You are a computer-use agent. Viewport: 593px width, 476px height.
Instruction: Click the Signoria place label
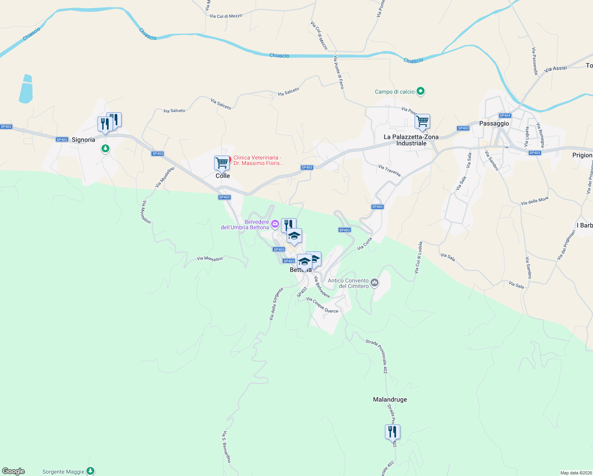[83, 140]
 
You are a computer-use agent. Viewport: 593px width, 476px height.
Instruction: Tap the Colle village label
[222, 176]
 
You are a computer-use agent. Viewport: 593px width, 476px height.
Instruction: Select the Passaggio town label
[494, 123]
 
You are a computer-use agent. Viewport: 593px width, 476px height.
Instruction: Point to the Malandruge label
[390, 399]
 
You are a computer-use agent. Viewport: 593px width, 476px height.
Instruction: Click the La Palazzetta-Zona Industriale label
[411, 140]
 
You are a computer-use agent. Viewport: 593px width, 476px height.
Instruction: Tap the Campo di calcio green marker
[421, 92]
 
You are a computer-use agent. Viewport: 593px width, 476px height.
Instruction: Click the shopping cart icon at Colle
[222, 162]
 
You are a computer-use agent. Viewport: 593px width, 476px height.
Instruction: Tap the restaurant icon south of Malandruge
[392, 432]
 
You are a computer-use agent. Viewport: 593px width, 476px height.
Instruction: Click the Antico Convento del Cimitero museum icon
[375, 283]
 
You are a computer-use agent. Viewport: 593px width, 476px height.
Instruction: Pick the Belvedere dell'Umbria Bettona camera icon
[275, 225]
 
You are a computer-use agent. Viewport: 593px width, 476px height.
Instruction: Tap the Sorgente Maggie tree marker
[91, 471]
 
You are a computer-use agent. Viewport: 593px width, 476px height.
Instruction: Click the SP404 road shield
[505, 115]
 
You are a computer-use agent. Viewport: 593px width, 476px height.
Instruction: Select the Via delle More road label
[535, 201]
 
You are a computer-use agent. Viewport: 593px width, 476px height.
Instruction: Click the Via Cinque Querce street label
[322, 305]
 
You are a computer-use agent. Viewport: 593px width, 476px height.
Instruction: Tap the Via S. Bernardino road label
[227, 447]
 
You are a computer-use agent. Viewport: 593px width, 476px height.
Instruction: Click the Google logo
[13, 471]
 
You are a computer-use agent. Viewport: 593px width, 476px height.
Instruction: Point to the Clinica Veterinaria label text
[258, 160]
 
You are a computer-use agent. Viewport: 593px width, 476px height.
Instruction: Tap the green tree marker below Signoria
[105, 148]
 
